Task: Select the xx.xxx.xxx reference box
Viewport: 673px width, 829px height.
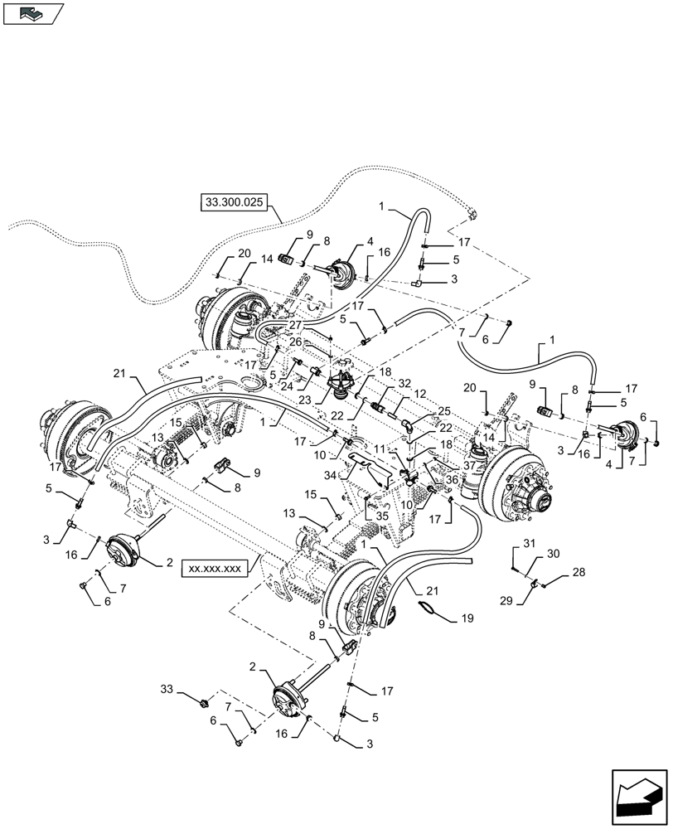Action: click(214, 569)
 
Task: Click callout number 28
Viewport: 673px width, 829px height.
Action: click(579, 573)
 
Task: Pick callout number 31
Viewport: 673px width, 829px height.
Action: click(529, 544)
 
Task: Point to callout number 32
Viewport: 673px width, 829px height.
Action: click(405, 384)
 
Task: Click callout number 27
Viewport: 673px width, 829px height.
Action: click(272, 326)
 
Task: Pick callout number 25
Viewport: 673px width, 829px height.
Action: click(444, 411)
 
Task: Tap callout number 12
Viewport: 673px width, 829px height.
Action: click(420, 394)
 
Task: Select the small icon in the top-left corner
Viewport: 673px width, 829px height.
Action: click(32, 13)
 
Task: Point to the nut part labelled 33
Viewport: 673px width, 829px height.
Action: click(204, 704)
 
